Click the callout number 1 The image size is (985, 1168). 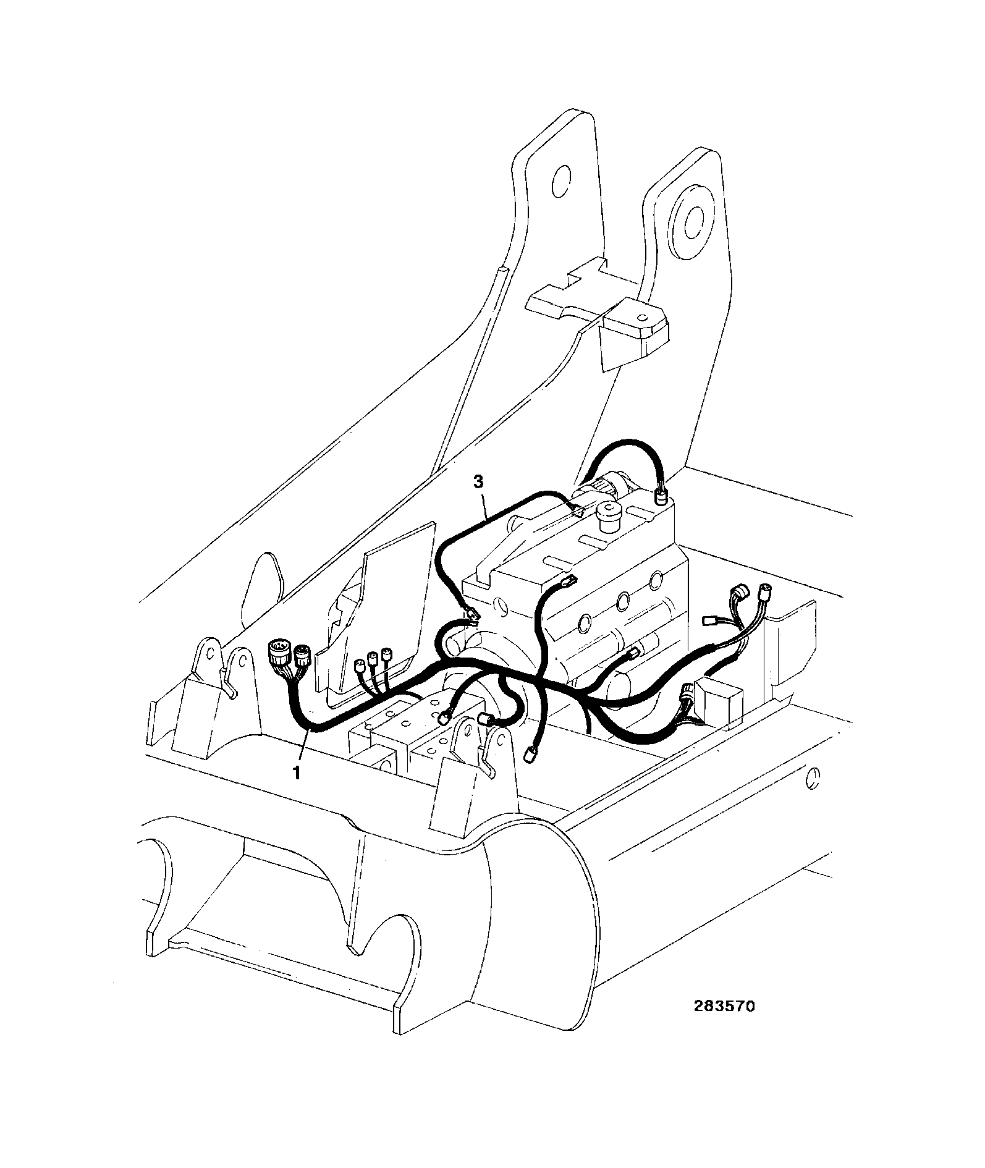297,772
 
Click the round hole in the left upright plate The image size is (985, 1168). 560,181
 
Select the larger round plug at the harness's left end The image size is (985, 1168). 279,653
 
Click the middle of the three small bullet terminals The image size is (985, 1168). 373,659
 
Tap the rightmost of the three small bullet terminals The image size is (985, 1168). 387,653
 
